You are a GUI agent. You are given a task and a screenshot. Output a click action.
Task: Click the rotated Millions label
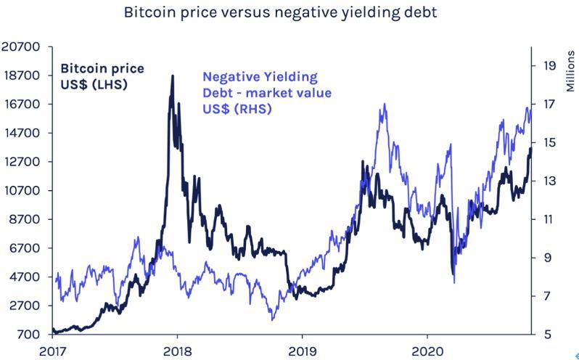(x=569, y=70)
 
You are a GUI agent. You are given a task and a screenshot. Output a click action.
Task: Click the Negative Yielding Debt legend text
(x=266, y=93)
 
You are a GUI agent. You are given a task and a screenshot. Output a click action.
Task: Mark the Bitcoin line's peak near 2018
(x=173, y=75)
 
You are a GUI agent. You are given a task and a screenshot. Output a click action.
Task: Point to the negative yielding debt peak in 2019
(x=383, y=105)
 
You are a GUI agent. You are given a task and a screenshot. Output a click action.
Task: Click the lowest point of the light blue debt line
(x=273, y=319)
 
